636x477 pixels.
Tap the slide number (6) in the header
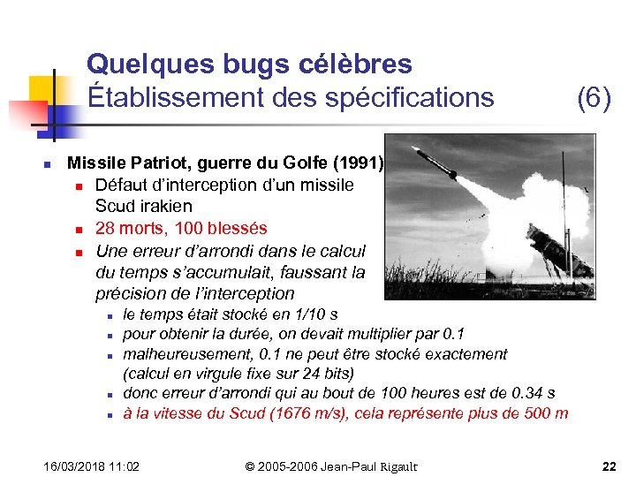[x=594, y=97]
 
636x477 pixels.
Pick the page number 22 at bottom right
[x=609, y=466]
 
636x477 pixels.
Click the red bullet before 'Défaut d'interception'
[x=79, y=186]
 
